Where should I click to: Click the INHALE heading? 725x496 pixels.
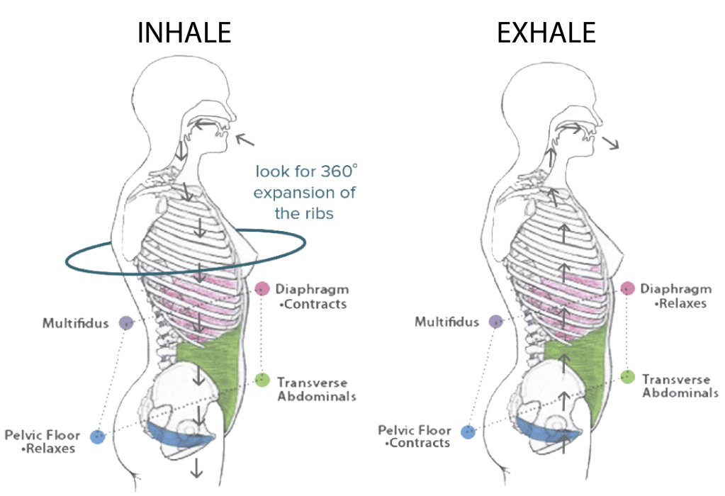click(184, 33)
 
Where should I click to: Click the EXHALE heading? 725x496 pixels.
click(546, 33)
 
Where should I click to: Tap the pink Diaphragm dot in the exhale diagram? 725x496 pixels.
click(627, 288)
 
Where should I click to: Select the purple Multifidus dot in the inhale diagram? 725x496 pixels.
click(125, 323)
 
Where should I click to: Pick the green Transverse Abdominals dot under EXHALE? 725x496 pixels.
click(628, 376)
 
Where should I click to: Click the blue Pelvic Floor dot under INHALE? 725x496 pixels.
click(98, 436)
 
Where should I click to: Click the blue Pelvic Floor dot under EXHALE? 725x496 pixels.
click(466, 432)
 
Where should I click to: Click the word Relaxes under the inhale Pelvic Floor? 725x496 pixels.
click(51, 449)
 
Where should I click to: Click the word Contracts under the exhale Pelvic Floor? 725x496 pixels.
click(420, 443)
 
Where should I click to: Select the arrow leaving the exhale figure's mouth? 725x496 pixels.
click(609, 142)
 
